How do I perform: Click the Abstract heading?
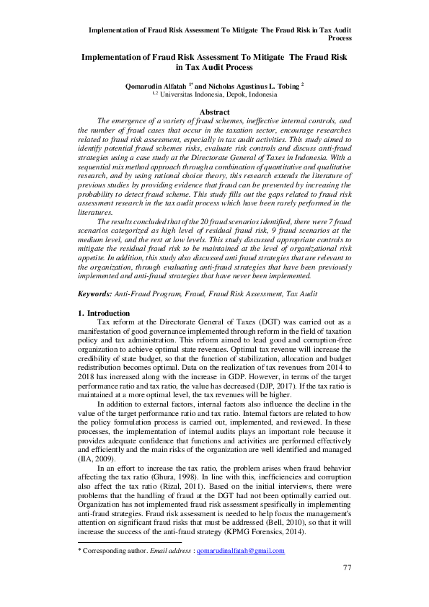click(214, 112)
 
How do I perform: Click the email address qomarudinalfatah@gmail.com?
click(240, 551)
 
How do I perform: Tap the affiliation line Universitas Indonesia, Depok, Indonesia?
click(217, 94)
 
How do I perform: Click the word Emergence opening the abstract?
click(128, 122)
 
